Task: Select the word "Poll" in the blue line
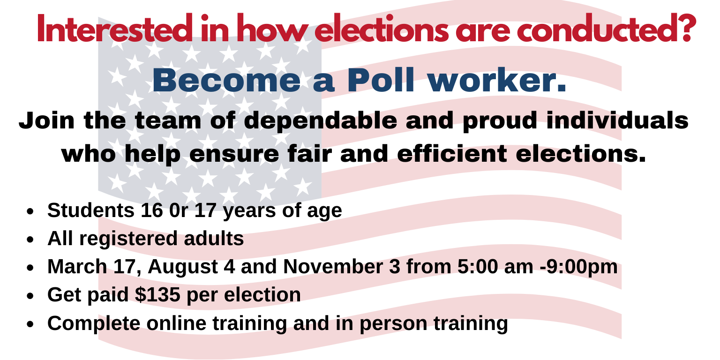381,80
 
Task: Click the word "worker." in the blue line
497,80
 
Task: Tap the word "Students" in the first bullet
91,210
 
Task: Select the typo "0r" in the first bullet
179,210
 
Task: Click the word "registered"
128,239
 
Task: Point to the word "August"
183,267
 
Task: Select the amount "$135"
157,294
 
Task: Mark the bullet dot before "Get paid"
30,296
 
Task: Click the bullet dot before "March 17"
30,268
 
